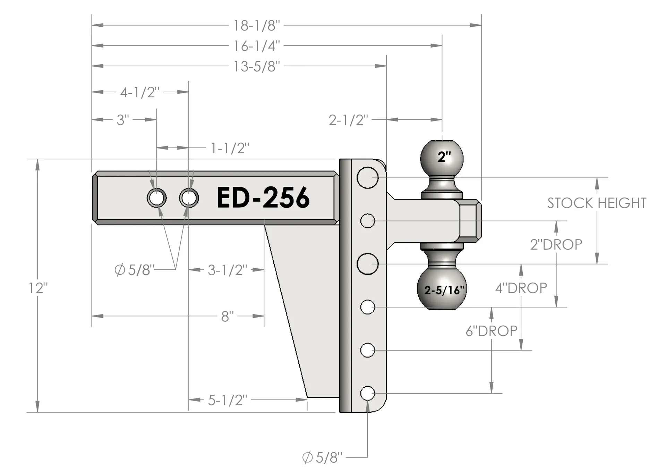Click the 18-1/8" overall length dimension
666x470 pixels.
pos(256,26)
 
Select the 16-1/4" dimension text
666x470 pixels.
pos(256,46)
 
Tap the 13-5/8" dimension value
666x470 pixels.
pos(256,66)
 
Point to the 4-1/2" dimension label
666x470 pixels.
pos(140,92)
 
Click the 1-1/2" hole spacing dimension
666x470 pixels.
pos(230,148)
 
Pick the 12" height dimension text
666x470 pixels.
pos(38,288)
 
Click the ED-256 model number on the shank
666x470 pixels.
pos(263,198)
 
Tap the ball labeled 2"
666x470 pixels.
pos(442,158)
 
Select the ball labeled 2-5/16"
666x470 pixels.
pos(442,289)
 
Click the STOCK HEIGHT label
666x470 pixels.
pos(597,203)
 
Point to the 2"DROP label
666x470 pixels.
pos(556,245)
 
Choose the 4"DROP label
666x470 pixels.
pos(521,288)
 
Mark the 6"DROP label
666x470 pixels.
pos(492,331)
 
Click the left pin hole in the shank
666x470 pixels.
pos(156,198)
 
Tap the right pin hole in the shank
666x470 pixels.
pos(189,198)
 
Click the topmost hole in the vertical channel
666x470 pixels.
pos(367,178)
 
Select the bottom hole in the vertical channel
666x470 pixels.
pos(367,393)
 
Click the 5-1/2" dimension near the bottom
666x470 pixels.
pos(228,400)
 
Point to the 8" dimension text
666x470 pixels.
pos(227,316)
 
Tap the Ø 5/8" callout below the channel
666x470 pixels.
pos(322,458)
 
